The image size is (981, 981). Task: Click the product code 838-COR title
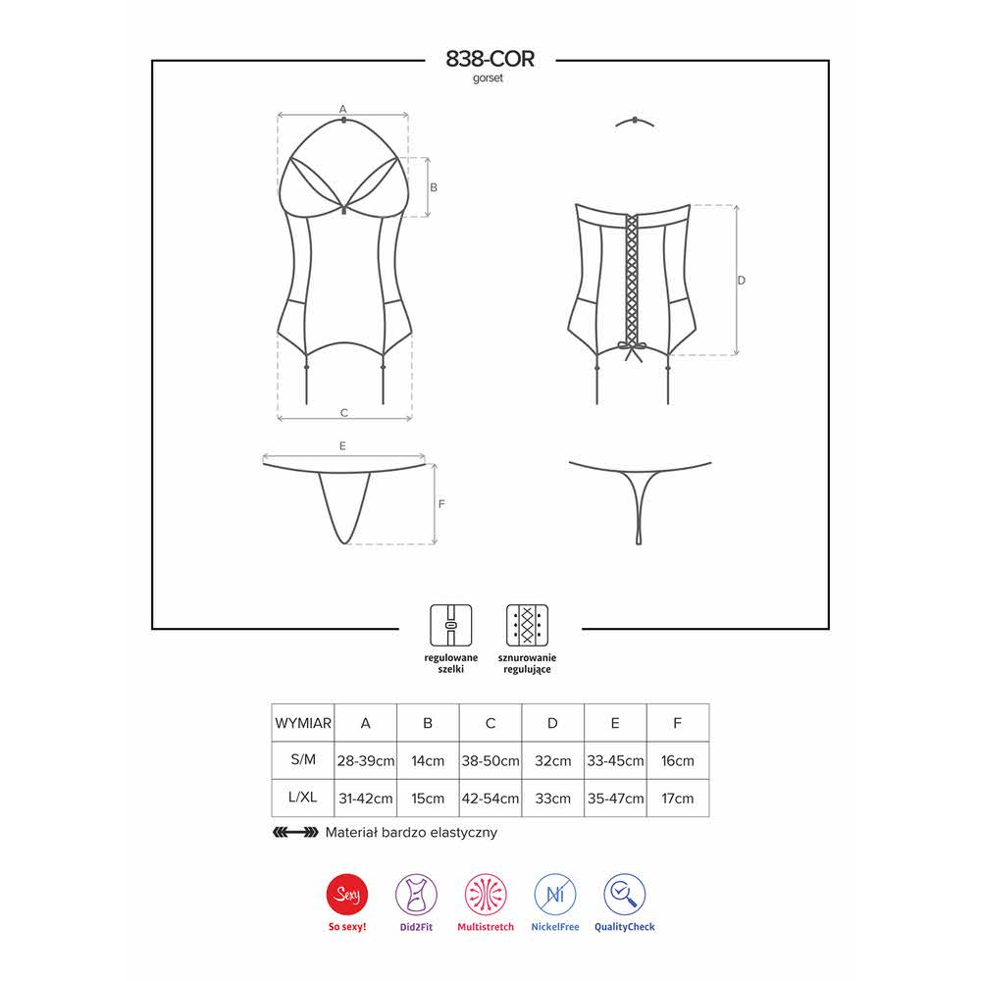490,59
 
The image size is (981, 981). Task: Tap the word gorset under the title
488,78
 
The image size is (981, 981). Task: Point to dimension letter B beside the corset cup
434,187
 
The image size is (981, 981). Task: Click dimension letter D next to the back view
742,281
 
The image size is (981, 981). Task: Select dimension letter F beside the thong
441,503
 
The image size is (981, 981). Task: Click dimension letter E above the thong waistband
342,446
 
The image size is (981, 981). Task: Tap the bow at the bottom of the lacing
631,351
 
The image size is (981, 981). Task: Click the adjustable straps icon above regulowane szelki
450,625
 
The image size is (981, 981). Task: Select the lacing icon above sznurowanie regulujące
527,625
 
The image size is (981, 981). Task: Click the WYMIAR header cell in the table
303,723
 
